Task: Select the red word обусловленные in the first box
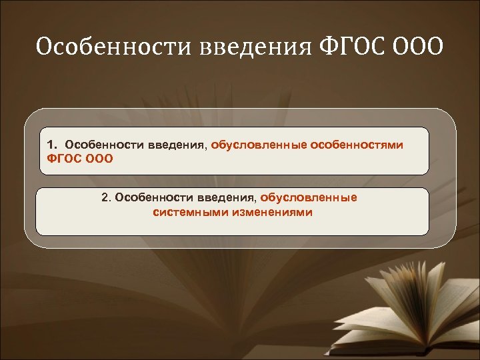tap(258, 145)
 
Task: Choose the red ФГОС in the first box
tap(63, 159)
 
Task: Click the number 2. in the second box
tap(107, 198)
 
